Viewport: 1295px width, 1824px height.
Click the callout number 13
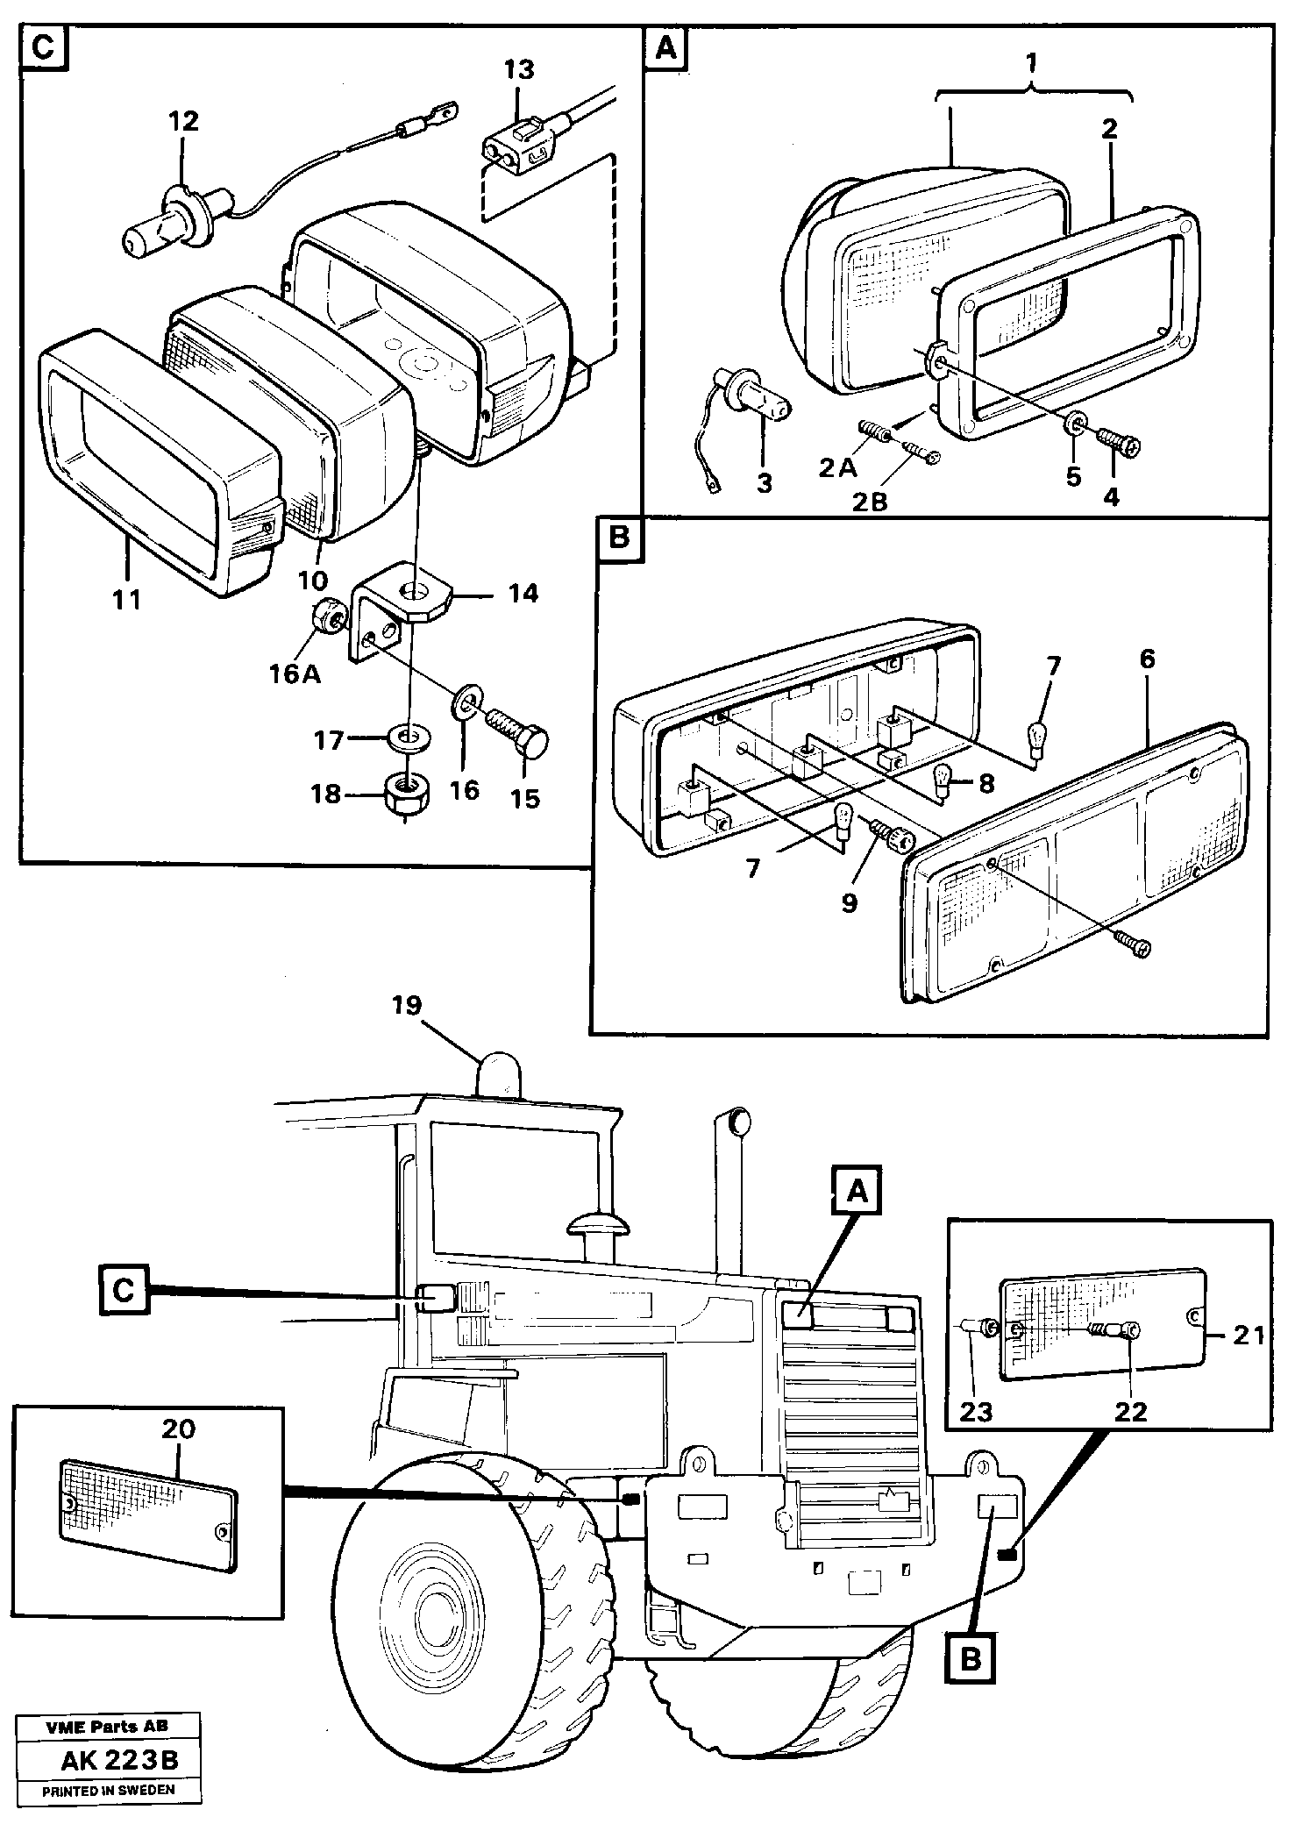[x=519, y=69]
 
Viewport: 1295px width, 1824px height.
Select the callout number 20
[x=179, y=1429]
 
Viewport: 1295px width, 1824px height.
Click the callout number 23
[x=975, y=1412]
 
